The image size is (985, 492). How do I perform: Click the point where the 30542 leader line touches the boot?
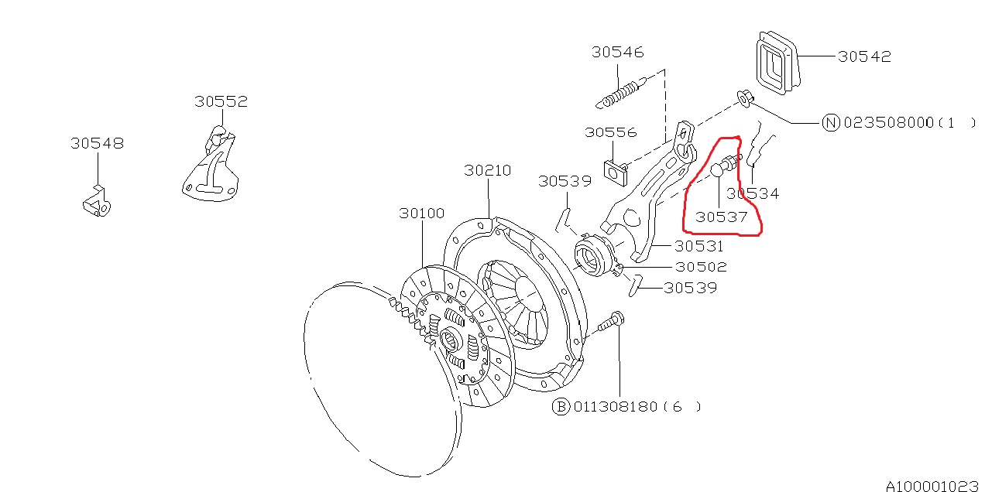click(x=798, y=56)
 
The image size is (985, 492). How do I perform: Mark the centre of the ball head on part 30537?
click(x=717, y=169)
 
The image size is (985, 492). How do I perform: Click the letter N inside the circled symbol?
click(x=831, y=122)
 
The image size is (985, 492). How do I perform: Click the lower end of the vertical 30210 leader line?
click(x=489, y=218)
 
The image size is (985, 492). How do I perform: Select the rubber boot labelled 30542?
click(x=777, y=63)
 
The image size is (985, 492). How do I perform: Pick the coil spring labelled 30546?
click(x=621, y=93)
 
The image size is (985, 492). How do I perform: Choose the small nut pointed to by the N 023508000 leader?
click(x=744, y=98)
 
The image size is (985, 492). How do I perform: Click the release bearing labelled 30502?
click(x=595, y=258)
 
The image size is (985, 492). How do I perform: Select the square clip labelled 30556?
click(x=616, y=173)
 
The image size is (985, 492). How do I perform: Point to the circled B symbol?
click(x=561, y=407)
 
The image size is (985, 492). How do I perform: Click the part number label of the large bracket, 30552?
click(x=221, y=101)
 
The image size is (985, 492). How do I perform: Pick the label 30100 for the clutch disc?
click(x=422, y=214)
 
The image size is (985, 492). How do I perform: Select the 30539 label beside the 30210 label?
click(x=565, y=181)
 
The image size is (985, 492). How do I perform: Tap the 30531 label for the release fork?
click(x=699, y=247)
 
